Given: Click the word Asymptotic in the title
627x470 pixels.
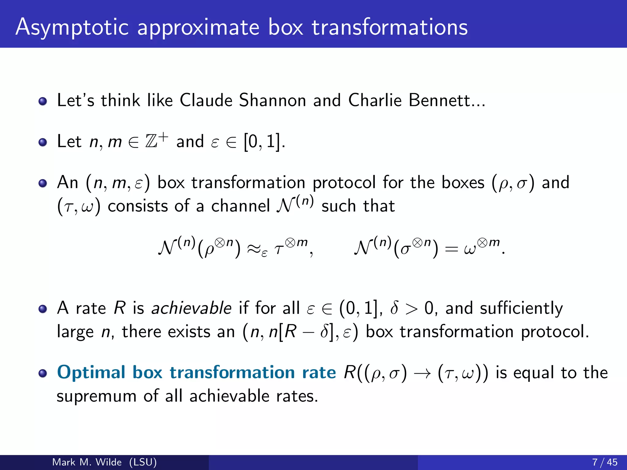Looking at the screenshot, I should [x=72, y=28].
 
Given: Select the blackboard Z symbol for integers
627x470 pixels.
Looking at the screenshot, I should [x=151, y=141].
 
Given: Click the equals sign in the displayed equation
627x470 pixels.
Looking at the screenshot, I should [x=451, y=249].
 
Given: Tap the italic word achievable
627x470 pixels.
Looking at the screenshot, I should [x=191, y=308].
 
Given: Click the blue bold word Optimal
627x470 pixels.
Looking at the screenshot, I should [x=91, y=373].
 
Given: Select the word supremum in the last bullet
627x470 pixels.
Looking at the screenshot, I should [x=96, y=396].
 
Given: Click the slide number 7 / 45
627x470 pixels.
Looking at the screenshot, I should [x=605, y=462].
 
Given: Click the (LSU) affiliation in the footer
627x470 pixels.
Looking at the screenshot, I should [x=143, y=462].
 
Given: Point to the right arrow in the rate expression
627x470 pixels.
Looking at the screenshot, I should [x=422, y=373].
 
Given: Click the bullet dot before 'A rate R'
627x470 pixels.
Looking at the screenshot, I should [x=43, y=309].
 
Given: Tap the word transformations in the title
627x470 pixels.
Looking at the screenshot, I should [x=390, y=28].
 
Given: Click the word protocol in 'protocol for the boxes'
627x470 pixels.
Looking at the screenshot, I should [x=344, y=183].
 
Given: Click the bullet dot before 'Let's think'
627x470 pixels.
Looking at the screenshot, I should [x=43, y=101].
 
